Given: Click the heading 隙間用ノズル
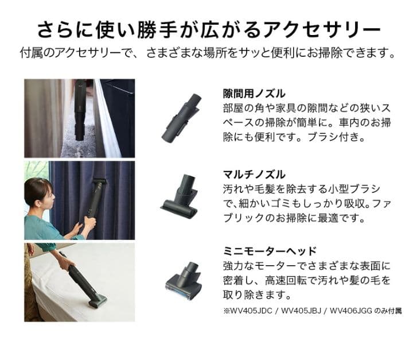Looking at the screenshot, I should click(254, 93).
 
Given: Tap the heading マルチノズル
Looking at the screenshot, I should click(254, 174).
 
